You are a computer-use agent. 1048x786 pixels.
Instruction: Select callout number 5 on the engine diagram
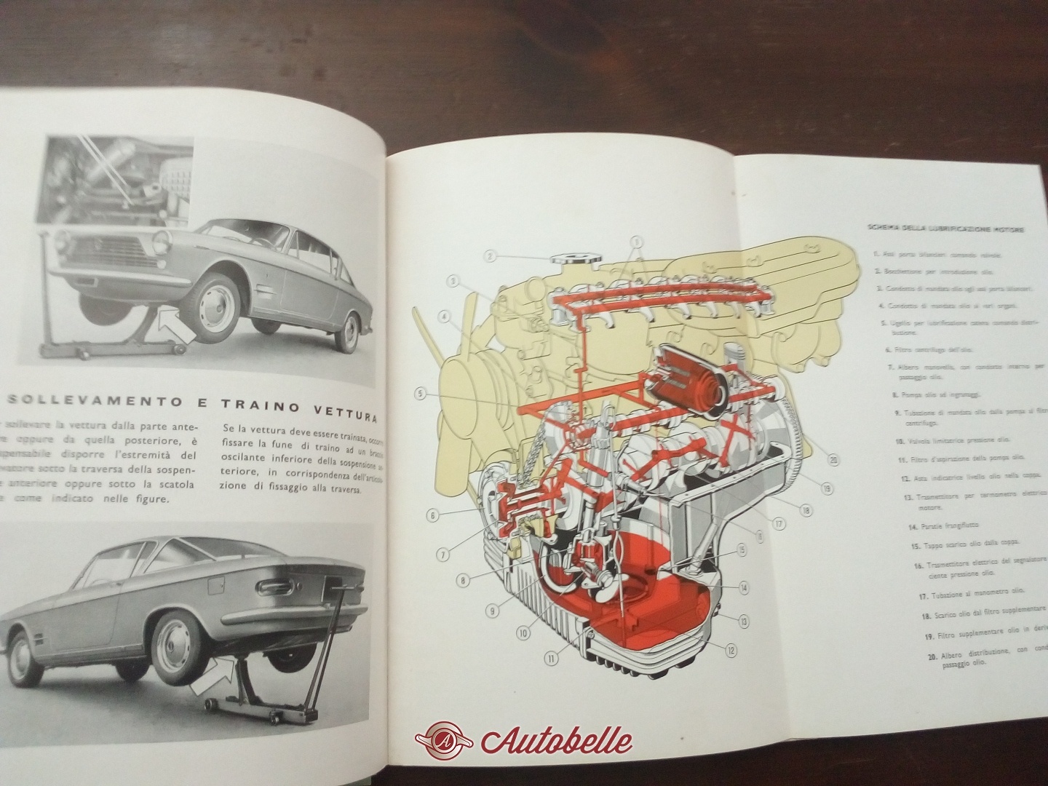421,394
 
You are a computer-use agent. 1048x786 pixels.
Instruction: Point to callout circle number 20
833,459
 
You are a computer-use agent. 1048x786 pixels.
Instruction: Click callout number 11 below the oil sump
550,658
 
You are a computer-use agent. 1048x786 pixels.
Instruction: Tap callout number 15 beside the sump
741,550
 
